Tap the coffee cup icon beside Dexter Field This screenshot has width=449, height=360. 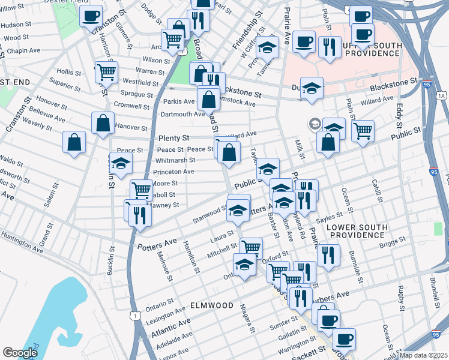click(x=91, y=16)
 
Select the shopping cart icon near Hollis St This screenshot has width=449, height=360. click(x=106, y=72)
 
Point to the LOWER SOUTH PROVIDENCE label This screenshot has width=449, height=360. click(x=357, y=232)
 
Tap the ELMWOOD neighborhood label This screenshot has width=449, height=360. click(x=211, y=305)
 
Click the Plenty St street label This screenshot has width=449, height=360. click(x=173, y=138)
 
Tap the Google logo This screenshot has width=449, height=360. click(x=20, y=353)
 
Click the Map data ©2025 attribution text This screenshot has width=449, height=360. click(x=423, y=355)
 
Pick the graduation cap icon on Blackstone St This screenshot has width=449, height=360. click(x=312, y=88)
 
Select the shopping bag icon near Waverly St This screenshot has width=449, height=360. click(x=74, y=142)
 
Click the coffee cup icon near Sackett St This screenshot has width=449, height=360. click(x=344, y=339)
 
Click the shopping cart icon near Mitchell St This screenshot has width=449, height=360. click(x=251, y=247)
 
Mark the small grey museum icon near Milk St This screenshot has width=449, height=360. click(x=314, y=124)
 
